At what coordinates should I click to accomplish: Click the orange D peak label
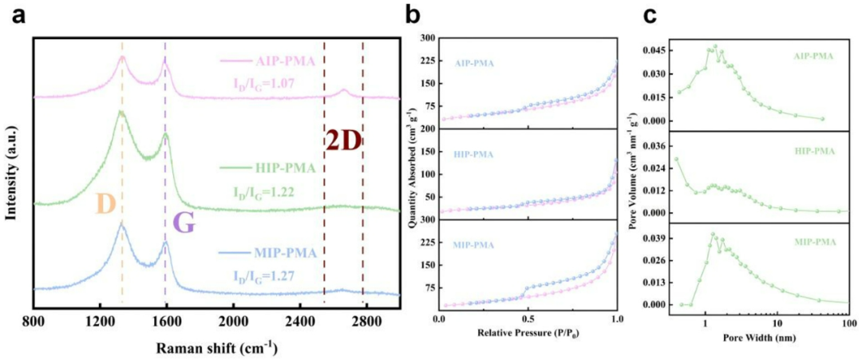pyautogui.click(x=105, y=204)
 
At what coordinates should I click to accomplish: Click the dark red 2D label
pyautogui.click(x=343, y=141)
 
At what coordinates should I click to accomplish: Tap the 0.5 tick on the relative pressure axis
pyautogui.click(x=528, y=319)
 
